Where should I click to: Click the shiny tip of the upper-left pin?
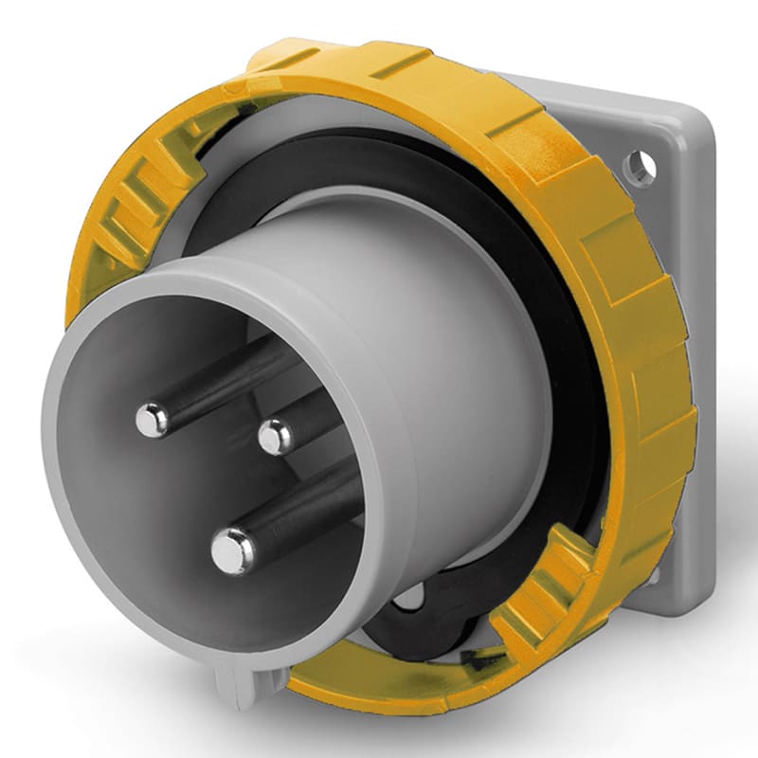pos(152,419)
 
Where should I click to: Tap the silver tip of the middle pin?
pos(276,436)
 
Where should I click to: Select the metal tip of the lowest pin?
pos(232,550)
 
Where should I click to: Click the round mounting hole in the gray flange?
pos(639,168)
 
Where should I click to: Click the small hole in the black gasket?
pos(409,598)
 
